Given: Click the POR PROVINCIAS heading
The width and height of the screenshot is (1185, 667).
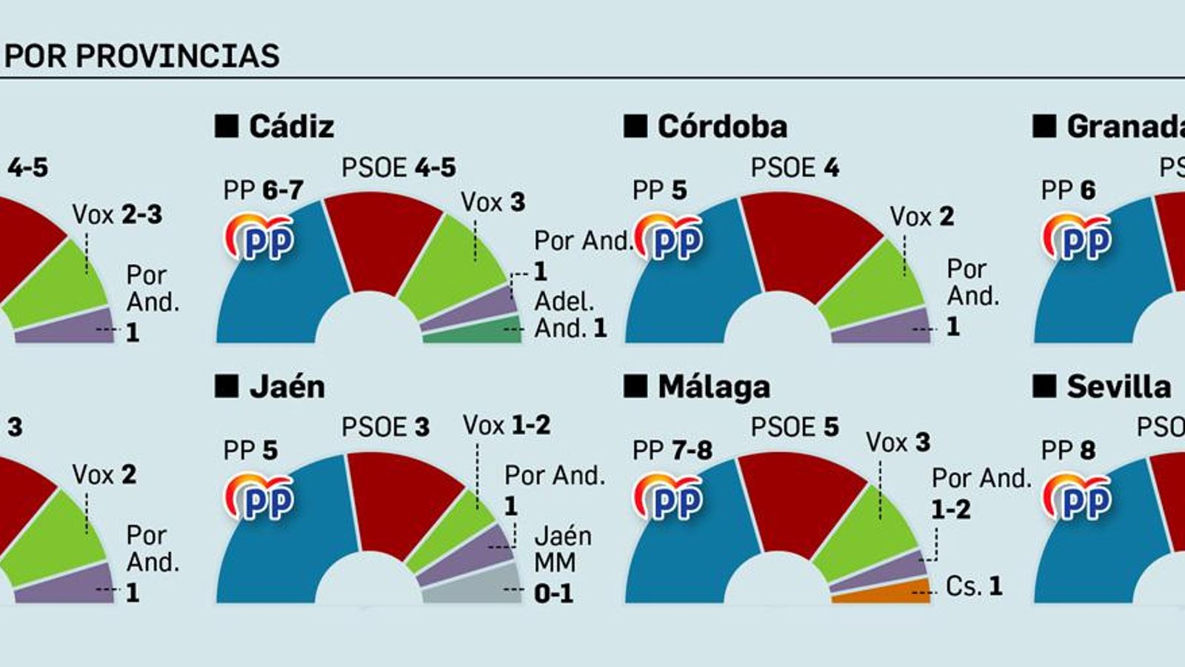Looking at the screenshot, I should (141, 56).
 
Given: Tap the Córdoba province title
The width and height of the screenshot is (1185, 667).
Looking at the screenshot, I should (721, 127).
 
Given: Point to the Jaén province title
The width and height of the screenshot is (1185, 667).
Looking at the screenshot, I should (287, 387).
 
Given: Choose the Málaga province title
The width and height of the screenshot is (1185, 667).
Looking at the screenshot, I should (713, 387).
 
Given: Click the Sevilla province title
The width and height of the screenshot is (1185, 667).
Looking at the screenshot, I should (1118, 387).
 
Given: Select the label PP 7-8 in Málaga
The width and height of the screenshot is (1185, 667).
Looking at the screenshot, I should (672, 450).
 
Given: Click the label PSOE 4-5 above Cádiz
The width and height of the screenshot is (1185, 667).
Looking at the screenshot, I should (398, 167).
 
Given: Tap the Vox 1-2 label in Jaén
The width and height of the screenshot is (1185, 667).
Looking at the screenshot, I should (507, 425).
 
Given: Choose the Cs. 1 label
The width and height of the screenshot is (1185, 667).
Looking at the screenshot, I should (974, 586).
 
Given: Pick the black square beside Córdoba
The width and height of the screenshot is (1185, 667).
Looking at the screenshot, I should (635, 127).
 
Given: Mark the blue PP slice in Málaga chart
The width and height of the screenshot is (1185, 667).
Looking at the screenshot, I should (689, 548).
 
